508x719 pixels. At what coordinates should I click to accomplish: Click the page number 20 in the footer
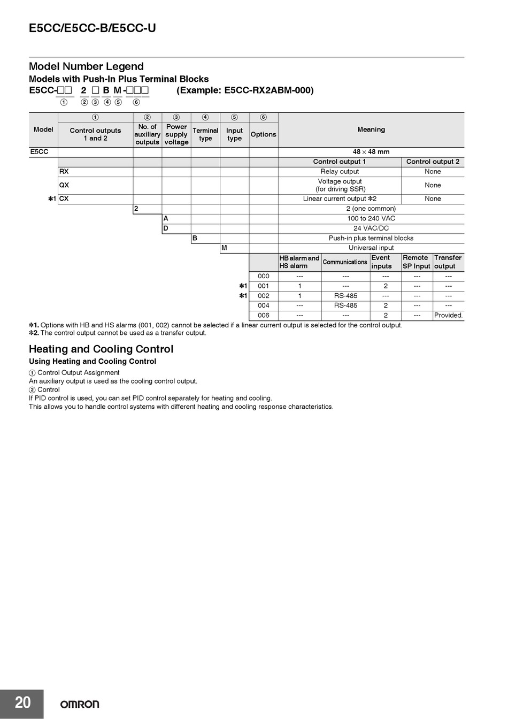[22, 702]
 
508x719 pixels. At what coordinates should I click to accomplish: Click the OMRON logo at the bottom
[79, 704]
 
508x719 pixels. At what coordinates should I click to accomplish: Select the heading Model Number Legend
[86, 66]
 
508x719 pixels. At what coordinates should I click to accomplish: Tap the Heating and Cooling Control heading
[101, 349]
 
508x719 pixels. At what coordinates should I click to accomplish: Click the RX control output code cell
[64, 172]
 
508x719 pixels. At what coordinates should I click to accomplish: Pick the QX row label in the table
[64, 185]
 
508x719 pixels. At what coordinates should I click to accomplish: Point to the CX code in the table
[64, 198]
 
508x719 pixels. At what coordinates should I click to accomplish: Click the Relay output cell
[340, 172]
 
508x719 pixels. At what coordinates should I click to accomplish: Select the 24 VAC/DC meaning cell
[371, 228]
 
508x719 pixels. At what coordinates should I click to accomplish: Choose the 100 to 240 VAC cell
[371, 218]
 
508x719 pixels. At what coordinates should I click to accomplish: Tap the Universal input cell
[371, 248]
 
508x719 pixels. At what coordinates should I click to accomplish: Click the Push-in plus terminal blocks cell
[371, 238]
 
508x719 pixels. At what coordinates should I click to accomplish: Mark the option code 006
[264, 315]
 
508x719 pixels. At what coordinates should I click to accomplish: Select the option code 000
[264, 276]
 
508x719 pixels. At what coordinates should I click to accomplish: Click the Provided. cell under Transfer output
[448, 315]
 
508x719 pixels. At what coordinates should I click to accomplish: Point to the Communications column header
[345, 262]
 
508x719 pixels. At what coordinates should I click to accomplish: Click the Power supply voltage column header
[176, 134]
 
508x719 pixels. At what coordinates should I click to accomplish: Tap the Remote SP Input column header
[417, 262]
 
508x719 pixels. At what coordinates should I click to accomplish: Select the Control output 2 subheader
[433, 162]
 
